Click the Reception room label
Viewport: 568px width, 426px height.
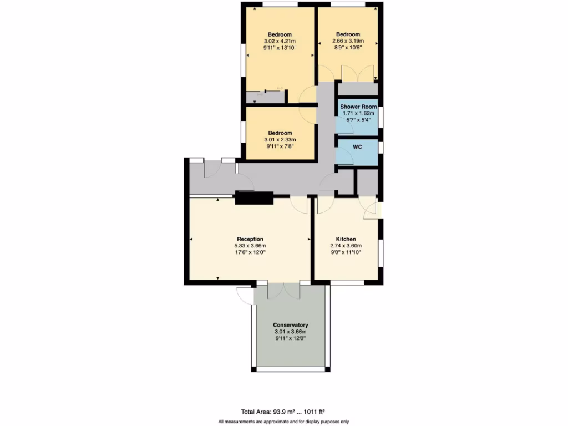(250, 239)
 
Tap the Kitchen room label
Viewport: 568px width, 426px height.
(346, 239)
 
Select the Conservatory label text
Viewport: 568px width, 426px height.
(290, 325)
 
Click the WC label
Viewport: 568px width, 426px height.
(358, 148)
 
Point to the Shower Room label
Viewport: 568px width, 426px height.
(358, 106)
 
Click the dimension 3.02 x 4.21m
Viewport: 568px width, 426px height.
(280, 41)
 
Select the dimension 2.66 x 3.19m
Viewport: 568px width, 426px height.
(348, 41)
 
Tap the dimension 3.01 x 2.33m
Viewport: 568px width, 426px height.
(280, 140)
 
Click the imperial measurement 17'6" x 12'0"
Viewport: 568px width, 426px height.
(250, 252)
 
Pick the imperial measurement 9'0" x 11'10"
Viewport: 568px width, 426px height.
(346, 252)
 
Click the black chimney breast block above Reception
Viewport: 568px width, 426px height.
(254, 197)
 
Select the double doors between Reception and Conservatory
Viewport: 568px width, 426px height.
(283, 291)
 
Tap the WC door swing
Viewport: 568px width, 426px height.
(346, 158)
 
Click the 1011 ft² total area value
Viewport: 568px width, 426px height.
(315, 412)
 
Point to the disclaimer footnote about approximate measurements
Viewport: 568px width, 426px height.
(283, 422)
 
